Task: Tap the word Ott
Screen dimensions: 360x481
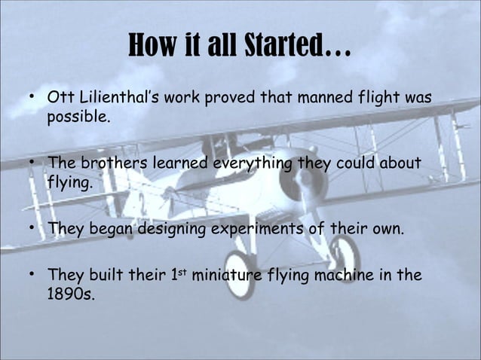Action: pos(60,99)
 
